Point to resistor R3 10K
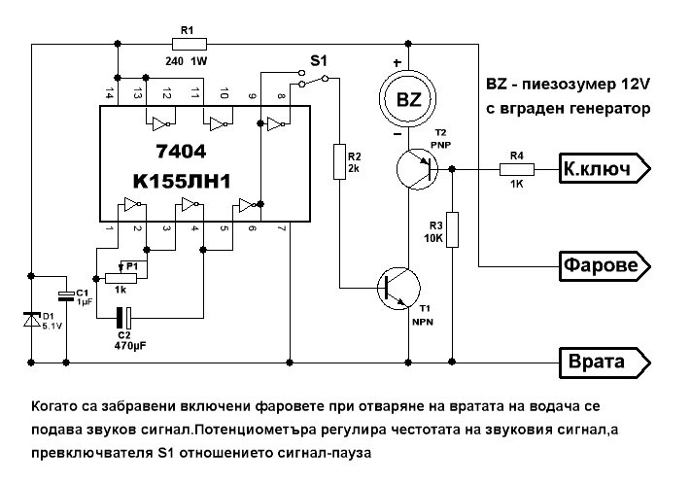pyautogui.click(x=452, y=229)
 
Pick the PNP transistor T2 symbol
pyautogui.click(x=420, y=169)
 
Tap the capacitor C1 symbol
pyautogui.click(x=65, y=294)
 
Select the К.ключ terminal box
pyautogui.click(x=603, y=170)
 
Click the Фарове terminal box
pyautogui.click(x=603, y=264)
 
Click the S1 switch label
pyautogui.click(x=318, y=61)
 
